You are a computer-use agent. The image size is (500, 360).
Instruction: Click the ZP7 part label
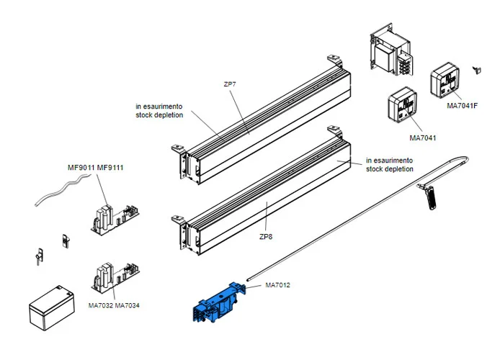coord(230,84)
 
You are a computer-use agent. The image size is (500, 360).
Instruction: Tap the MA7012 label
coord(278,285)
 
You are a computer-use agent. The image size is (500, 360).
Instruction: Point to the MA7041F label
coord(463,107)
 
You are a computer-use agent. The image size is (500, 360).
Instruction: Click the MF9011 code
coord(81,168)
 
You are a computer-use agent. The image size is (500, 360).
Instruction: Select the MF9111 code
coord(111,168)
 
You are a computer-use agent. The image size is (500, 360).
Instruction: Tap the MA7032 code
coord(101,305)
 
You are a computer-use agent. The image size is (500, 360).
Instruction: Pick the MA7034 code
coord(128,305)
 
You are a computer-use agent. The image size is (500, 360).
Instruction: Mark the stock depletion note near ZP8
coord(390,165)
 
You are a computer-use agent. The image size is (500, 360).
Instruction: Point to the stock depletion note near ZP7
coord(159,110)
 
